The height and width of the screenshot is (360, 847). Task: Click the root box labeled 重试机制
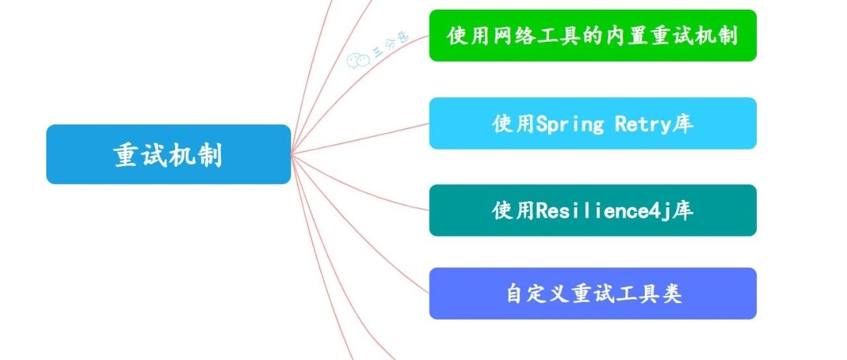[x=168, y=154]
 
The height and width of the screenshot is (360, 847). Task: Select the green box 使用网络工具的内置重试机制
[x=592, y=36]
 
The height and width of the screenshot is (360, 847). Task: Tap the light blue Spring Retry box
[x=592, y=124]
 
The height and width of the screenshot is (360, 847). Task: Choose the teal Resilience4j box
[x=592, y=210]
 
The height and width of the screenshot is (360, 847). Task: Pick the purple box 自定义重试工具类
[x=592, y=294]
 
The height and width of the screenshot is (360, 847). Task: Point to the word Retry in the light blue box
[x=639, y=124]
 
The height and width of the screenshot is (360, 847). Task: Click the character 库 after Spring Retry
[x=683, y=124]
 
